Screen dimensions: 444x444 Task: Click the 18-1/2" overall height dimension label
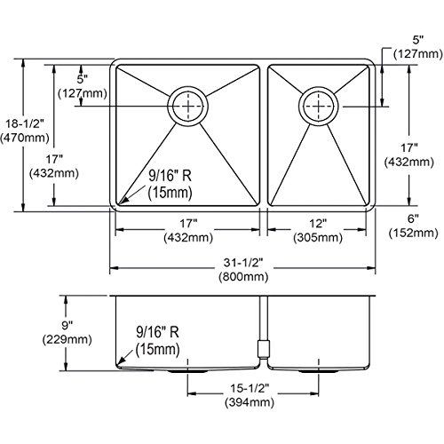tap(25, 123)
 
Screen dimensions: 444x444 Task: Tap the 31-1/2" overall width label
tap(243, 262)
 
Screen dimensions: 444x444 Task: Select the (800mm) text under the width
tap(243, 276)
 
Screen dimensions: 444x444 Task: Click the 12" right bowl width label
tap(318, 224)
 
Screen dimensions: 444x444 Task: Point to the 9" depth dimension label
tap(67, 326)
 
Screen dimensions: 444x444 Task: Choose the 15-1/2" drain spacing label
tap(250, 388)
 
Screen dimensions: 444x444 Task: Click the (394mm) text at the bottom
tap(250, 402)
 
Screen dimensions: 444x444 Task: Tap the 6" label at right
tap(413, 218)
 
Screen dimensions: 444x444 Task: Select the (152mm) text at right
tap(413, 233)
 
